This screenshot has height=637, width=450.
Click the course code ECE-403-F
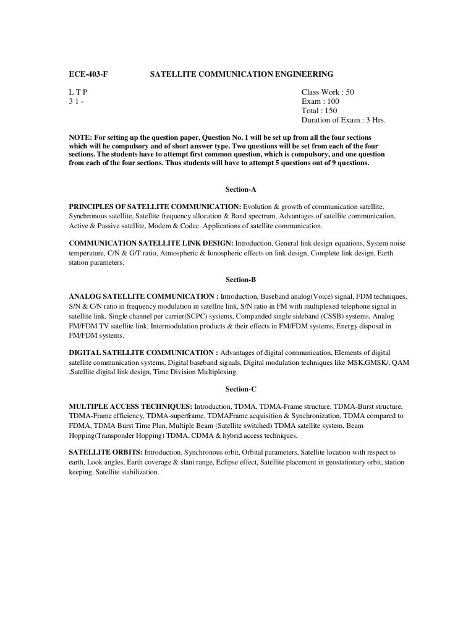(x=87, y=75)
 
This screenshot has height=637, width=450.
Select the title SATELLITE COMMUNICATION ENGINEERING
(x=242, y=75)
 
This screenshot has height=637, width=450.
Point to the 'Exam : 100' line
(x=320, y=101)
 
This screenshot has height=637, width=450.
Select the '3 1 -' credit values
(x=76, y=101)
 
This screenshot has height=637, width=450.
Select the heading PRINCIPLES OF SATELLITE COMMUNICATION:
(x=155, y=205)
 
